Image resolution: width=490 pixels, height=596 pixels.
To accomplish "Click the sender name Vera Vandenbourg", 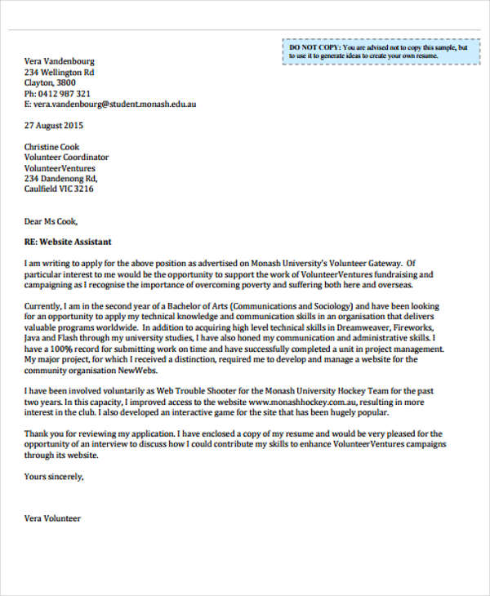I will point(60,60).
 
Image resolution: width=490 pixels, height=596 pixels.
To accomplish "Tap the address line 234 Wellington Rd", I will point(59,72).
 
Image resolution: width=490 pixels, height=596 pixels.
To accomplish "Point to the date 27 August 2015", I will point(53,126).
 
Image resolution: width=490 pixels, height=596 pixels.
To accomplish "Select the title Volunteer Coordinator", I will point(66,157).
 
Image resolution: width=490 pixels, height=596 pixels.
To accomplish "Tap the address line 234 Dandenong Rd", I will point(60,178).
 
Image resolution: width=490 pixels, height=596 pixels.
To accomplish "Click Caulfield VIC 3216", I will point(59,189).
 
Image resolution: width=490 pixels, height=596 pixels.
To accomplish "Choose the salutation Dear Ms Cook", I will point(51,220).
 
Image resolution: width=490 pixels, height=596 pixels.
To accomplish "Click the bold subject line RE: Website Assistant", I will point(68,242).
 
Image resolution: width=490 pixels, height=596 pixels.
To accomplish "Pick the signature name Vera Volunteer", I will point(52,518).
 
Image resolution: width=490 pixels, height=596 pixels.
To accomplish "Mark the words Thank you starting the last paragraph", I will point(44,434).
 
